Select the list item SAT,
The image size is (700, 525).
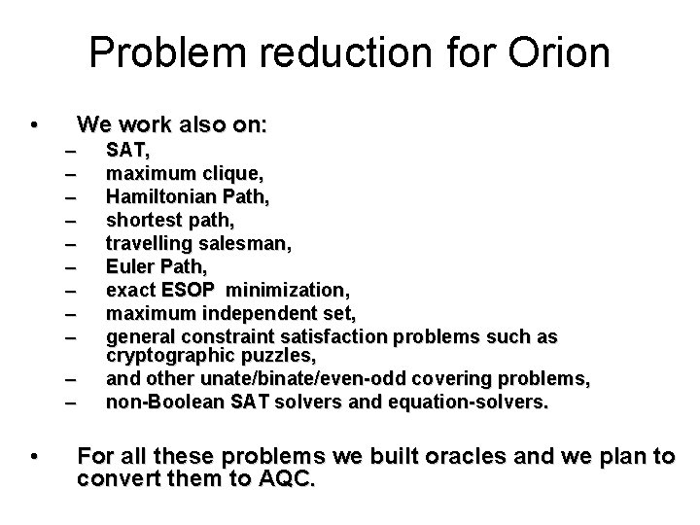pyautogui.click(x=127, y=150)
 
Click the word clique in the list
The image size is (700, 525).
pyautogui.click(x=234, y=174)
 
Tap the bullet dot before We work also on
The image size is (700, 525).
pyautogui.click(x=34, y=125)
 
